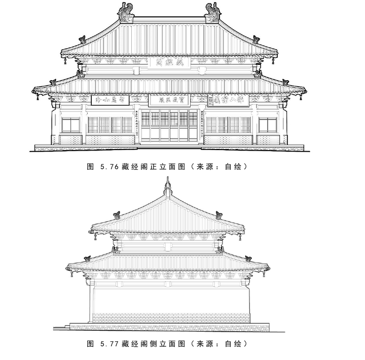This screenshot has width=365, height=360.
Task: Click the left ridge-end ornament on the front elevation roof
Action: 126,13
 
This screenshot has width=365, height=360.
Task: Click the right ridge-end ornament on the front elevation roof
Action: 213,13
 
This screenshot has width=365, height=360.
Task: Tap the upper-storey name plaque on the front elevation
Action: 169,62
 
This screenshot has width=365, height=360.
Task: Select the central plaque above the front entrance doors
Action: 169,100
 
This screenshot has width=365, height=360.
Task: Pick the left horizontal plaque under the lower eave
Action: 110,100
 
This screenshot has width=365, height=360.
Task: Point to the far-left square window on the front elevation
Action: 70,125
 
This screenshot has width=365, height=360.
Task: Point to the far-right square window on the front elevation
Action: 268,125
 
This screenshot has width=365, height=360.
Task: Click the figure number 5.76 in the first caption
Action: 111,166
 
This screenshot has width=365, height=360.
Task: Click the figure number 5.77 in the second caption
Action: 111,343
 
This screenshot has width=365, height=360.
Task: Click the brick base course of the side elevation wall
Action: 169,318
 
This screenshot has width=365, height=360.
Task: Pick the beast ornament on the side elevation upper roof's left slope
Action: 117,215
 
